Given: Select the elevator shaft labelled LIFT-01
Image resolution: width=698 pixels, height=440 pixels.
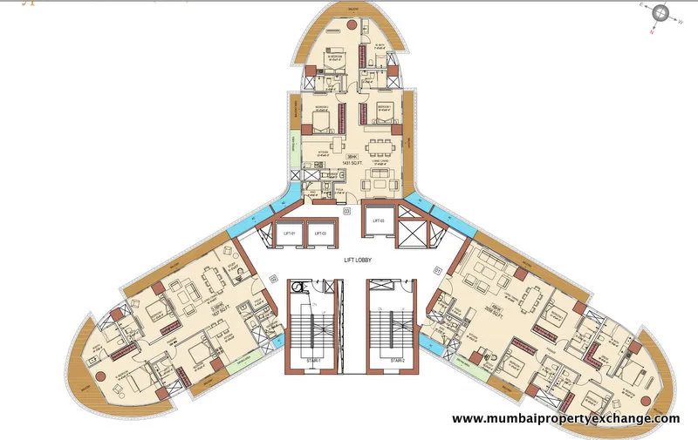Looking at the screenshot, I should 289,233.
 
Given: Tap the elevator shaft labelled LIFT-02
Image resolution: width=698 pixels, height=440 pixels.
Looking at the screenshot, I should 320,233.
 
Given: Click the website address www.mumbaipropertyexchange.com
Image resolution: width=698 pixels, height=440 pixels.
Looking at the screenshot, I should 565,419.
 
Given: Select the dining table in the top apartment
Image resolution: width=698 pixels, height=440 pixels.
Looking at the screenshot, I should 380,144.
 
